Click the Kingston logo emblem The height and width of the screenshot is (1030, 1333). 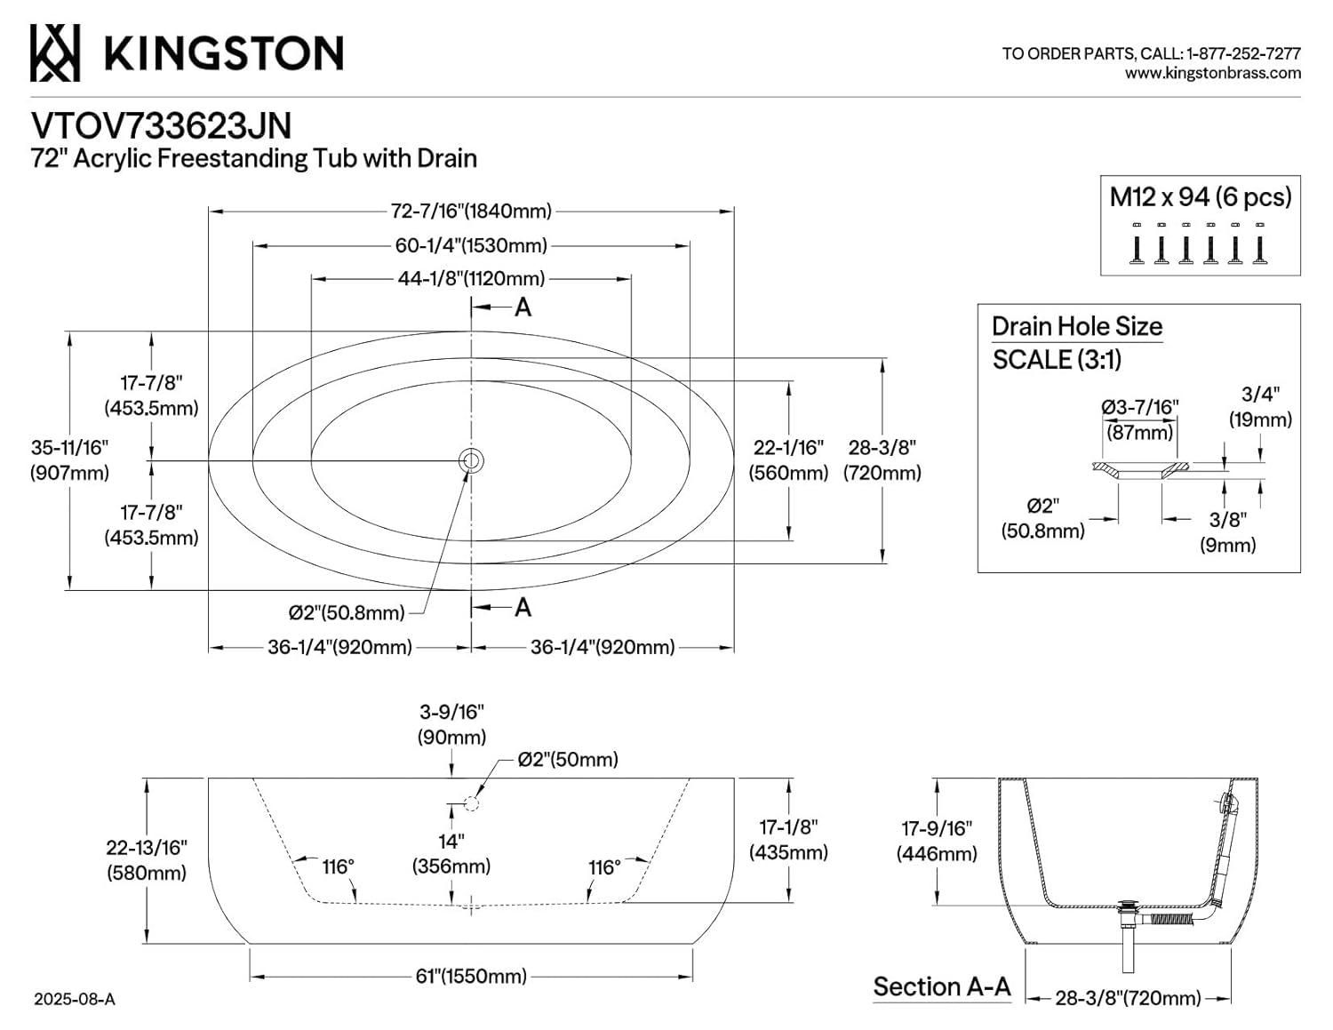click(55, 52)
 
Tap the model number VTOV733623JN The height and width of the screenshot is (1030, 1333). click(161, 125)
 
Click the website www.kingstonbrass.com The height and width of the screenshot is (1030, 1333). click(1212, 74)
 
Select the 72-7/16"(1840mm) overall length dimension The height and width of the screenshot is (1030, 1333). click(471, 212)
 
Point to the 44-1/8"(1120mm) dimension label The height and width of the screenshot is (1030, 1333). click(471, 278)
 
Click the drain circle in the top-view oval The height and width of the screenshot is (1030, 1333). click(471, 460)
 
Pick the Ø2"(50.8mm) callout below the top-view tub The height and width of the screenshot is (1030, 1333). click(347, 612)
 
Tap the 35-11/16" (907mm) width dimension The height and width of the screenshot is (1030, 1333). click(69, 460)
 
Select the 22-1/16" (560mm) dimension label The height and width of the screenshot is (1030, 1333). click(788, 460)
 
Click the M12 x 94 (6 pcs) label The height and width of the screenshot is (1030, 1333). click(1200, 196)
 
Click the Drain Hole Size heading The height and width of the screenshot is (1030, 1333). click(1076, 326)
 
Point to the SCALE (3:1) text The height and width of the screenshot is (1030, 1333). click(1057, 360)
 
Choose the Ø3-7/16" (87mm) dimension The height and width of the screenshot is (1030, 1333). click(1139, 419)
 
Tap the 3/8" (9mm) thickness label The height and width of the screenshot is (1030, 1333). click(1228, 531)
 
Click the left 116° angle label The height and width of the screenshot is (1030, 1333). click(338, 866)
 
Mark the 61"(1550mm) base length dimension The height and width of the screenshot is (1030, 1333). click(471, 976)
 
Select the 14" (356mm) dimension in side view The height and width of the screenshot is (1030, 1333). click(451, 853)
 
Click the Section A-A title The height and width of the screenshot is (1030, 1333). click(942, 986)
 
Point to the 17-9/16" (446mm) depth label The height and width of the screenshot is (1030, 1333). click(937, 841)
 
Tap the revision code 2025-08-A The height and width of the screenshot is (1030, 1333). click(75, 999)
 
